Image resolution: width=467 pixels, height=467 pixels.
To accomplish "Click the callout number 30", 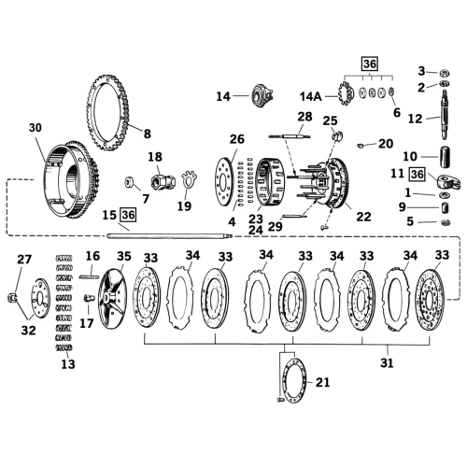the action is coord(35,128).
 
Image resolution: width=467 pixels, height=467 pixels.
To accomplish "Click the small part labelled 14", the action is coord(262,96).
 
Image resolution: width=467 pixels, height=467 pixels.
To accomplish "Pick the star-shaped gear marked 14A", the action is coord(346,93).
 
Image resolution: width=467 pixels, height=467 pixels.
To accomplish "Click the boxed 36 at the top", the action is coord(370,64).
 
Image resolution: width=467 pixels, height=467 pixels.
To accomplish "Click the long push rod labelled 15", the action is coord(170,236).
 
